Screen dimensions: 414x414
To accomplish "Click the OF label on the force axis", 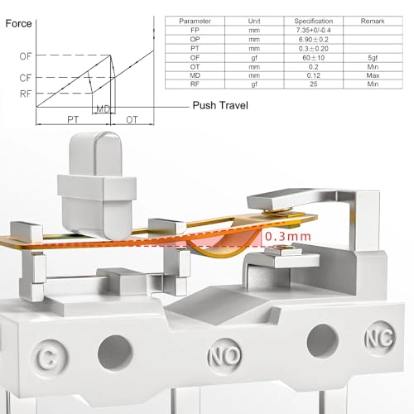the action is click(26, 56).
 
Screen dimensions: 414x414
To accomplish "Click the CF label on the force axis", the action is click(26, 78).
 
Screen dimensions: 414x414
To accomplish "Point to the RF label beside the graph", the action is click(26, 94).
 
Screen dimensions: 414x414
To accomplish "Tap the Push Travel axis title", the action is click(220, 105).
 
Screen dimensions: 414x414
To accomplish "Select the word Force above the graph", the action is click(18, 23).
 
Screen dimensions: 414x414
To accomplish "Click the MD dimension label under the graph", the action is click(103, 109).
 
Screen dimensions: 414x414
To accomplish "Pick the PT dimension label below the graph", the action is click(73, 120).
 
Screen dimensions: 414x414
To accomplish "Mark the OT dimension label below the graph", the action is click(132, 120).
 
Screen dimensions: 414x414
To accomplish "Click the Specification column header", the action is click(314, 21).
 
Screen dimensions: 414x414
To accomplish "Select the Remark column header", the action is click(373, 21).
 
